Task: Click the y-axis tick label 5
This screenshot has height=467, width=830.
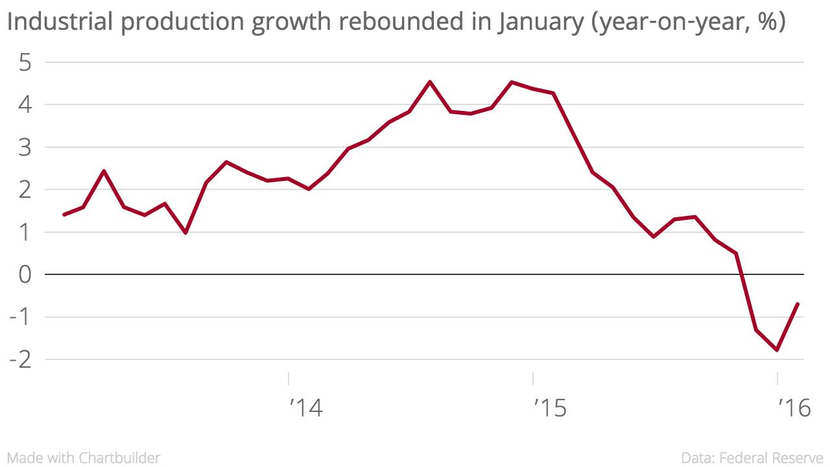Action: click(x=25, y=63)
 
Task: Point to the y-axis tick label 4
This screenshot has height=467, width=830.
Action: click(x=25, y=105)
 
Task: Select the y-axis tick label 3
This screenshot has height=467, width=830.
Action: click(x=25, y=148)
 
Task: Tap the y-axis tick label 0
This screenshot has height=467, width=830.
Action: click(x=25, y=275)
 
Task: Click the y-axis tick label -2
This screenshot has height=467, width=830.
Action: click(x=21, y=359)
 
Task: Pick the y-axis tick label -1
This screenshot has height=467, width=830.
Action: click(x=21, y=317)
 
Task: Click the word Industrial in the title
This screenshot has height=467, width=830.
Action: click(x=58, y=23)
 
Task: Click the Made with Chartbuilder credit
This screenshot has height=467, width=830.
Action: click(x=84, y=458)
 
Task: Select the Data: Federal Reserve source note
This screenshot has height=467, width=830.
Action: click(x=752, y=458)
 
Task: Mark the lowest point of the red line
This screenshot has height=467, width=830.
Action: click(x=777, y=350)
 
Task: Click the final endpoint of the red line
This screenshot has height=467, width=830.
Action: click(x=797, y=304)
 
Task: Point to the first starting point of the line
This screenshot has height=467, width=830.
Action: click(x=64, y=214)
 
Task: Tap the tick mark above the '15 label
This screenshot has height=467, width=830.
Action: click(x=533, y=377)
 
